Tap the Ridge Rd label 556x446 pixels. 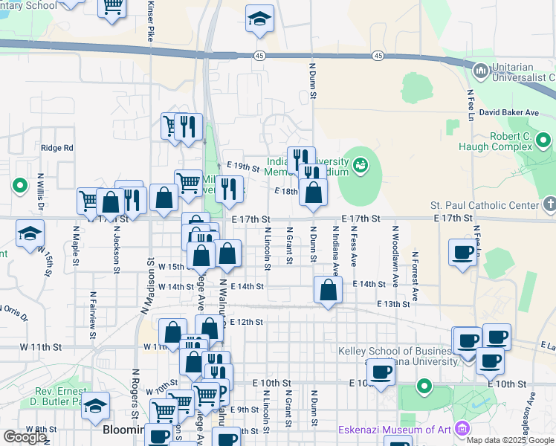click(x=57, y=148)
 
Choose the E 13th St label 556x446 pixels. click(x=393, y=304)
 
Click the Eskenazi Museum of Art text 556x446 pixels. click(x=396, y=430)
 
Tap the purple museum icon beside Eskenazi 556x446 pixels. click(x=462, y=429)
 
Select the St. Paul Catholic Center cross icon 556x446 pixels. click(x=549, y=204)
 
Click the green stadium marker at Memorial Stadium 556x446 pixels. click(x=361, y=164)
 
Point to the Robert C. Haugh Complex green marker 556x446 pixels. click(x=544, y=140)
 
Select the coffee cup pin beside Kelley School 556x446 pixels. click(x=381, y=372)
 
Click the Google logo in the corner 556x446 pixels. click(x=24, y=437)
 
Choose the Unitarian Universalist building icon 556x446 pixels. click(x=480, y=71)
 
